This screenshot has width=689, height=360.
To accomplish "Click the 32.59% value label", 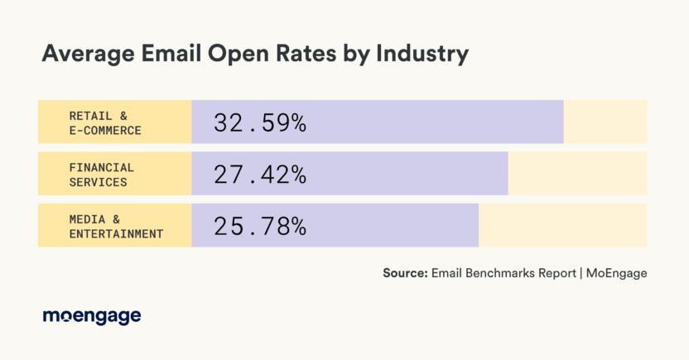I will (260, 123).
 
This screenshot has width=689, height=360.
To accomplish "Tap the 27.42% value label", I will (260, 175).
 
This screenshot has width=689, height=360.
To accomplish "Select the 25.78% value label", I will (260, 226).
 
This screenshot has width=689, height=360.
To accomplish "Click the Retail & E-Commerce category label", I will (105, 122).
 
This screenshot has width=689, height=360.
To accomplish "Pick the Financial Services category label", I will (101, 174).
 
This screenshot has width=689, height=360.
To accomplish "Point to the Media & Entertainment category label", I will (116, 226).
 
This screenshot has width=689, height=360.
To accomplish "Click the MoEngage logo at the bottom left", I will (91, 316).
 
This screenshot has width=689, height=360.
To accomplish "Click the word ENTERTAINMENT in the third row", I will (116, 233).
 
